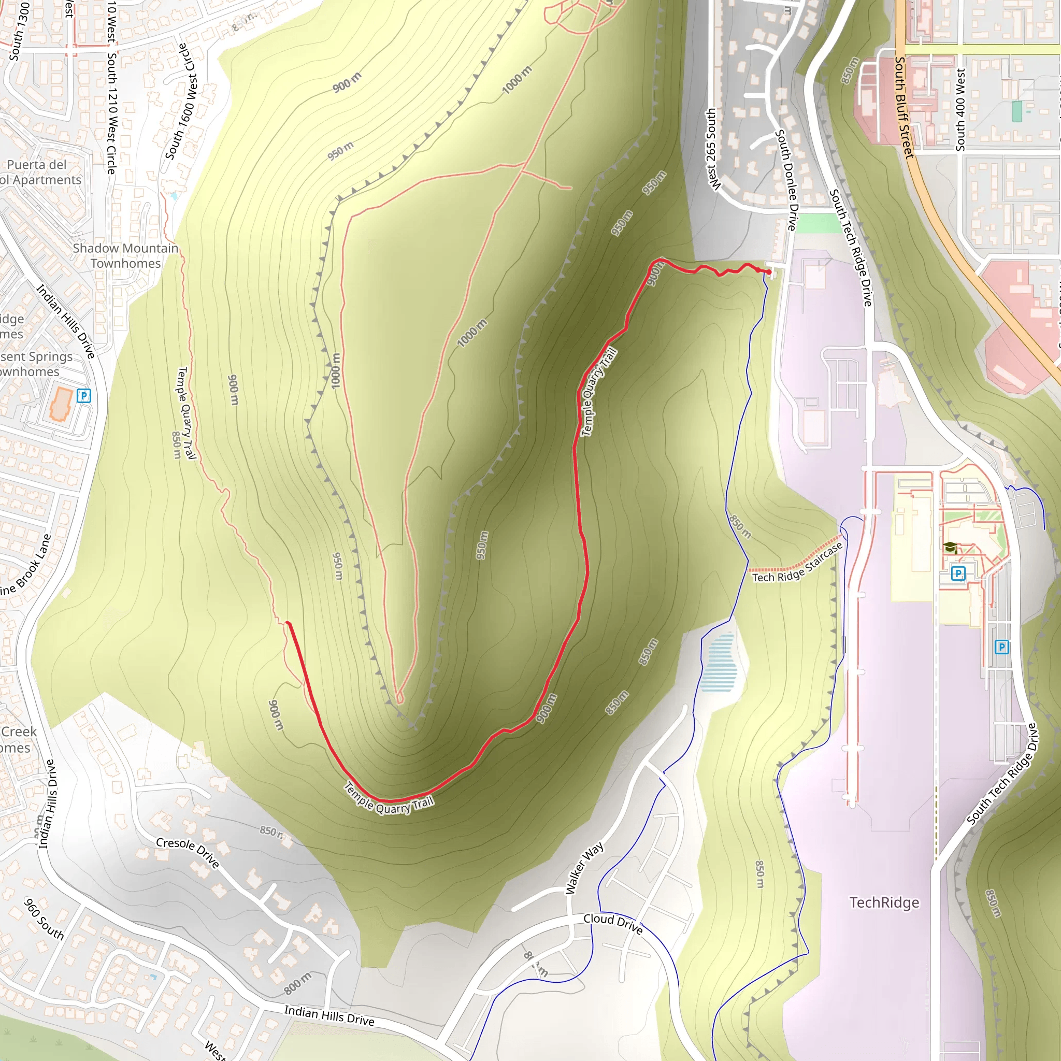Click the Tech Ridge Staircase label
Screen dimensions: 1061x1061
[x=797, y=563]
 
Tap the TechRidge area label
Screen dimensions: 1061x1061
[x=884, y=902]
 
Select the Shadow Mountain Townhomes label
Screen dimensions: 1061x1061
[x=126, y=256]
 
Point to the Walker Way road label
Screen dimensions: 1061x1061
[x=584, y=868]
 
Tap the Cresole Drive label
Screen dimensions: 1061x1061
[x=188, y=852]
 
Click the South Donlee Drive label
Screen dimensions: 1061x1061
[x=785, y=180]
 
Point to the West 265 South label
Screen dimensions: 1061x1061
[x=711, y=149]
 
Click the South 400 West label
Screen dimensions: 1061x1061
[x=960, y=109]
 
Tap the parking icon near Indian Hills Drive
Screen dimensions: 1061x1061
[x=84, y=395]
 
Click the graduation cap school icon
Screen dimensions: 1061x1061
[x=950, y=548]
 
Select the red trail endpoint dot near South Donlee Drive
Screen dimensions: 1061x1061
[x=769, y=272]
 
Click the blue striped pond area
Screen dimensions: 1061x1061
[x=719, y=662]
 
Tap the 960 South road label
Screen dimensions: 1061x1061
[x=44, y=918]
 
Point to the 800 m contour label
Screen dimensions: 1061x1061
[x=298, y=983]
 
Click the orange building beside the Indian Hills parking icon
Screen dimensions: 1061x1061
[x=61, y=404]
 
